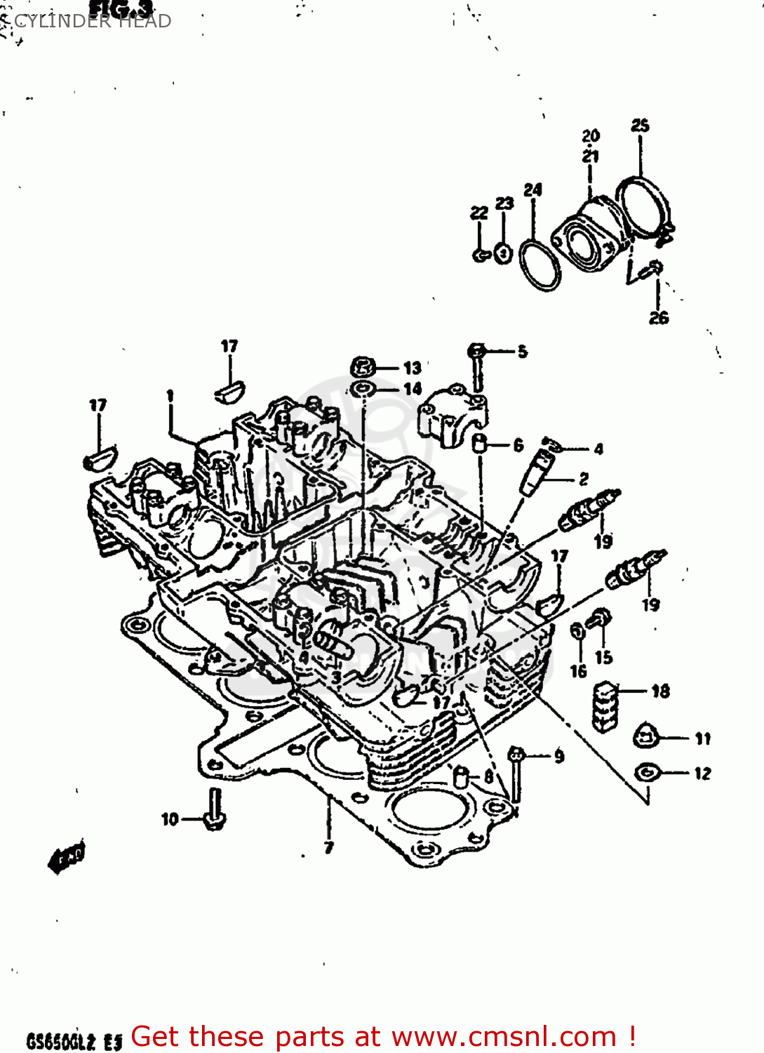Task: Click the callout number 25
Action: [x=640, y=126]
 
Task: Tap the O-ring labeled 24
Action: [x=540, y=265]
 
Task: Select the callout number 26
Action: [x=658, y=318]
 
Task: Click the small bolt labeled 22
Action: [x=481, y=254]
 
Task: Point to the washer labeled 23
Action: [x=503, y=253]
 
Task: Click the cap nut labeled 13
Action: [x=363, y=366]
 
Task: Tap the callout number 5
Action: [x=523, y=352]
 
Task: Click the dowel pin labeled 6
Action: [x=481, y=444]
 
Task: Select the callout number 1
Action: [x=170, y=396]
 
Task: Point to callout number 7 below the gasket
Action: [x=328, y=847]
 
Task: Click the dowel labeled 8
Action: [x=461, y=777]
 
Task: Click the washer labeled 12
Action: [x=646, y=773]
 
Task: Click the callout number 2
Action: [x=584, y=479]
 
